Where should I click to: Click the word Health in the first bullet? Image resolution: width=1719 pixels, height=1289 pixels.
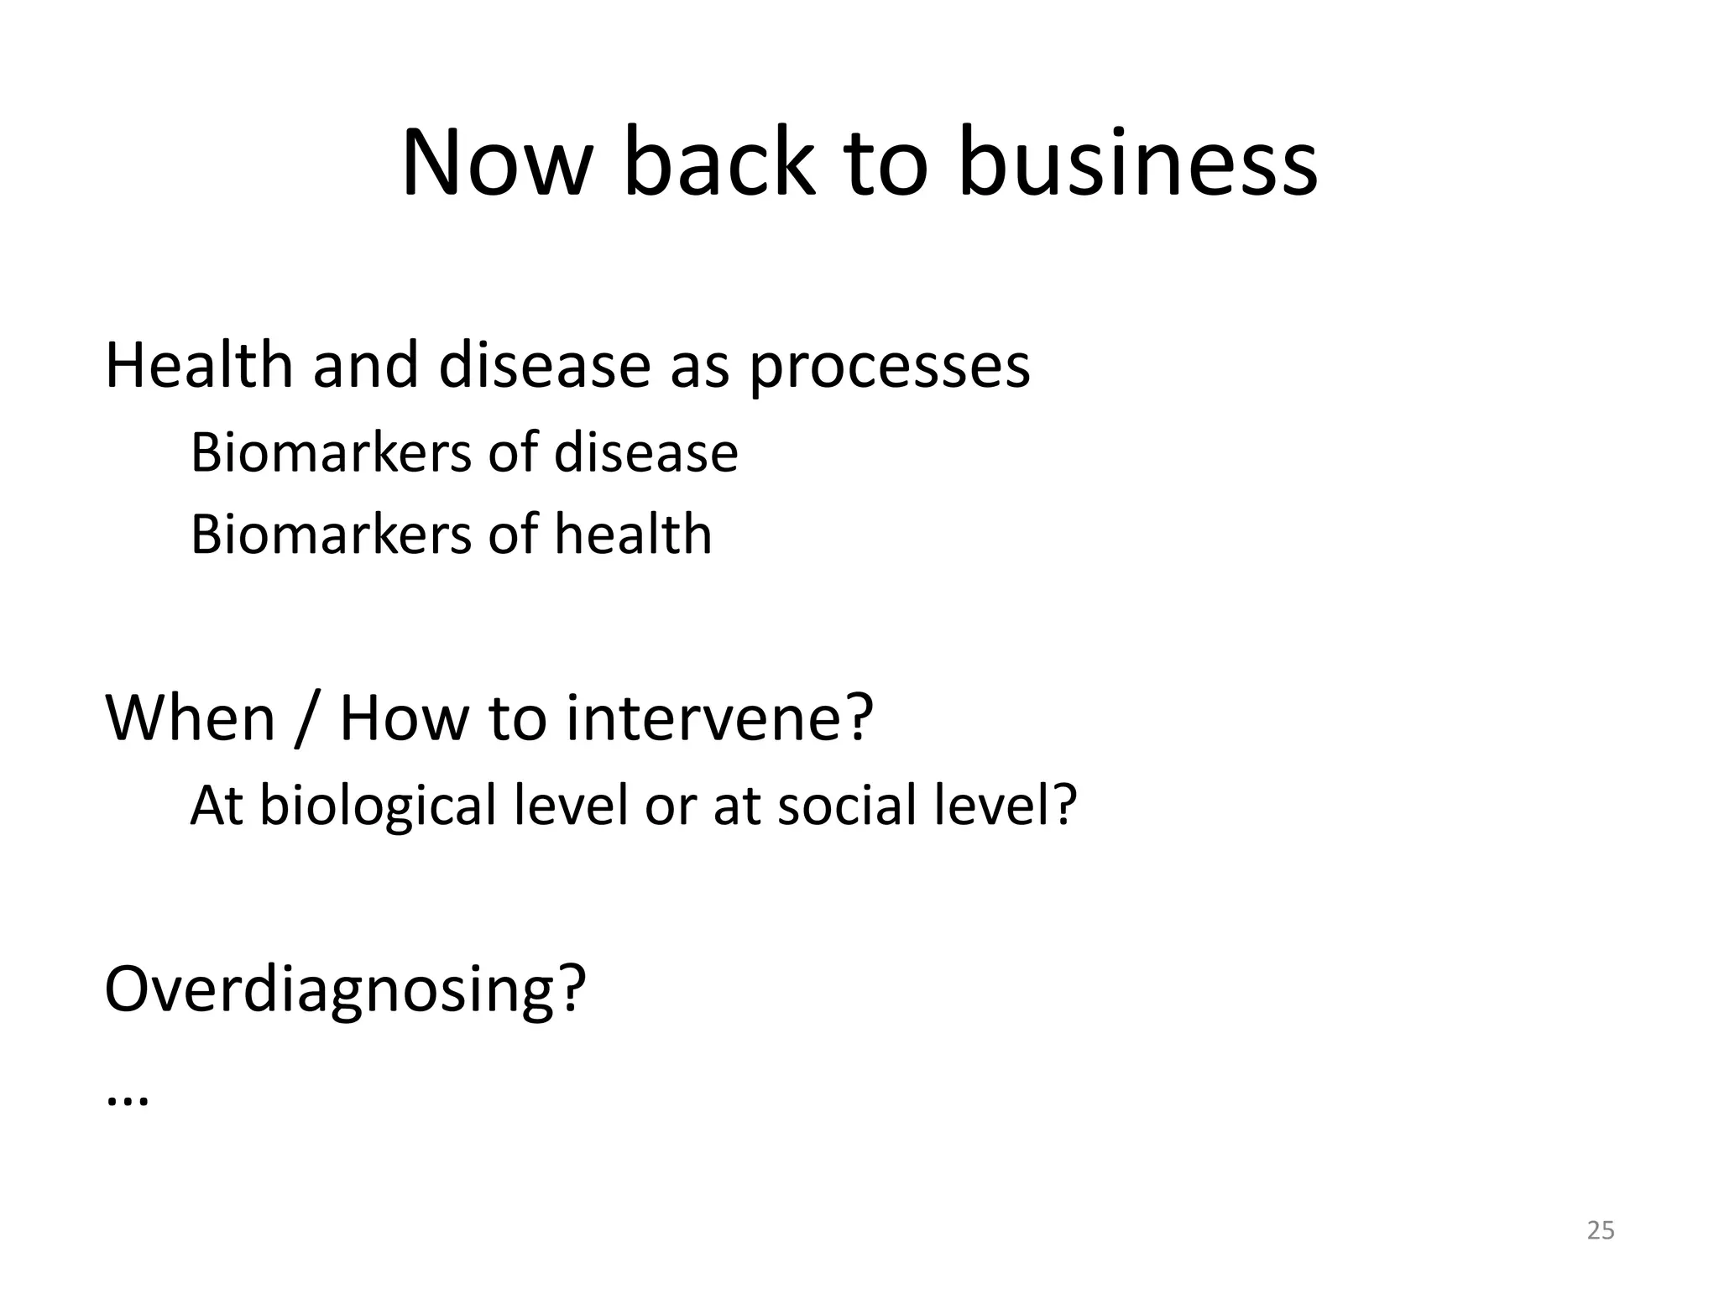pyautogui.click(x=198, y=367)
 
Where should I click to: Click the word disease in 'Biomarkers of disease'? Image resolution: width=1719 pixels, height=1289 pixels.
pyautogui.click(x=645, y=453)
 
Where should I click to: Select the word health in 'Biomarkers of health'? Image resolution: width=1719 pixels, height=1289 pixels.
pyautogui.click(x=632, y=535)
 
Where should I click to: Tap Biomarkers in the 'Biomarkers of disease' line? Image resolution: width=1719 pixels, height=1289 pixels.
pyautogui.click(x=331, y=453)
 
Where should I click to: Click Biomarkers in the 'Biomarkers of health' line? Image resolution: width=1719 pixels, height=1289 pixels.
pyautogui.click(x=331, y=535)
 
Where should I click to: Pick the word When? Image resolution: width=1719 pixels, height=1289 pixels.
pyautogui.click(x=191, y=718)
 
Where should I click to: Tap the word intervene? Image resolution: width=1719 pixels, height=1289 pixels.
pyautogui.click(x=719, y=718)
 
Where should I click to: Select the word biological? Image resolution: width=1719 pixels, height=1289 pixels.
pyautogui.click(x=378, y=806)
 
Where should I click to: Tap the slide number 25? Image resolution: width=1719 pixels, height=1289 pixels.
pyautogui.click(x=1601, y=1230)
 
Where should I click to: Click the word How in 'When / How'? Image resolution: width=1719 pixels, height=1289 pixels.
pyautogui.click(x=404, y=718)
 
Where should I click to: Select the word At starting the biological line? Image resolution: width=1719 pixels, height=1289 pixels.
pyautogui.click(x=216, y=805)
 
